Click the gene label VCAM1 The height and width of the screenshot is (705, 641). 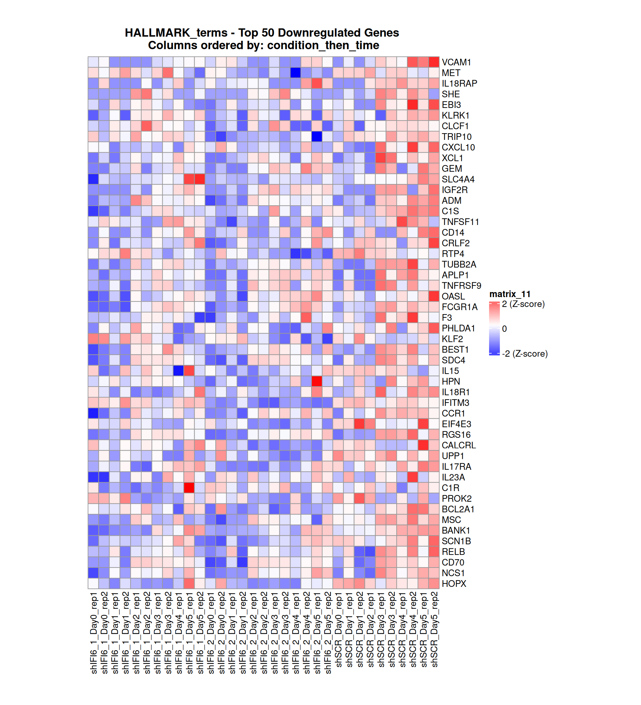(x=456, y=62)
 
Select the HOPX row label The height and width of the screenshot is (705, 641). (x=454, y=583)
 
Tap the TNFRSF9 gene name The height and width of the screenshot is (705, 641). (x=461, y=286)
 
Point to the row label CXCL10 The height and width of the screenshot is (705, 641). (x=458, y=147)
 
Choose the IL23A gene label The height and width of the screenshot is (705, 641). (x=453, y=477)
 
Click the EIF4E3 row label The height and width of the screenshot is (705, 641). (x=456, y=424)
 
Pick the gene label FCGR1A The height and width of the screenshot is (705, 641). (x=459, y=307)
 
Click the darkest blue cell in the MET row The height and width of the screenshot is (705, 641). (x=295, y=73)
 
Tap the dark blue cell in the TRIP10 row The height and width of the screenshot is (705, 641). (x=316, y=137)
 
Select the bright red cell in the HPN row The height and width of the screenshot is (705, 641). (x=316, y=381)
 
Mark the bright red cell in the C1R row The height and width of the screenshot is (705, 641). (x=189, y=487)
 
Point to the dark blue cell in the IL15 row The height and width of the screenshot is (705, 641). (x=178, y=371)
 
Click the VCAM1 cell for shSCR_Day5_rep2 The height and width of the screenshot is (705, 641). (x=434, y=62)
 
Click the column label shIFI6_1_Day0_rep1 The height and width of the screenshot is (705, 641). (x=93, y=633)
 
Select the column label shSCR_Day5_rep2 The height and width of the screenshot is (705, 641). (x=434, y=630)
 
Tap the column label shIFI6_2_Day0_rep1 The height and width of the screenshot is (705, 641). (x=211, y=633)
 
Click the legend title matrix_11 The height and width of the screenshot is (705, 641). (x=509, y=294)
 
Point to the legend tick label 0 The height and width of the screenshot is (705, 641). (x=504, y=329)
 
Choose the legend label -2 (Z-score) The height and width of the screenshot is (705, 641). (x=524, y=354)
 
